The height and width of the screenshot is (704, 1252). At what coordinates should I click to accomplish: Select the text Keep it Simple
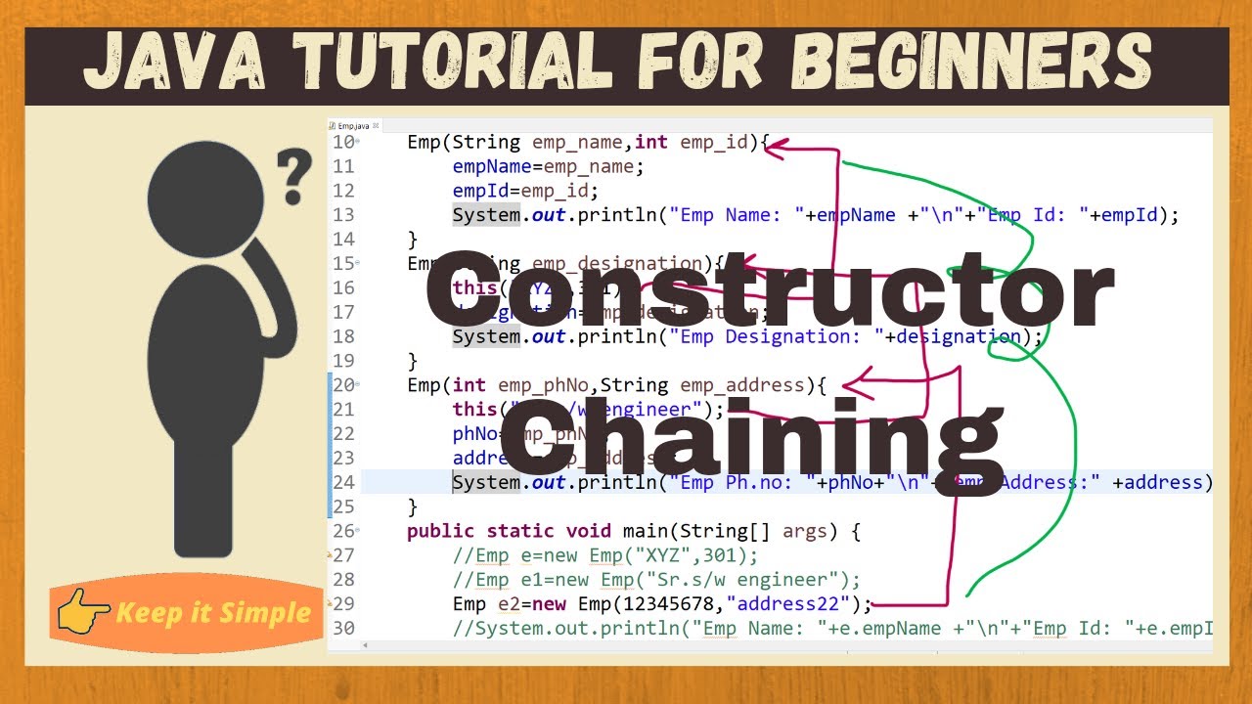[x=213, y=614]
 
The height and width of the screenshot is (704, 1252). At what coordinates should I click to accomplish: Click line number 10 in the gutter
[x=343, y=143]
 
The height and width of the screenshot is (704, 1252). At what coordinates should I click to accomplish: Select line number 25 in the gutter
[x=343, y=506]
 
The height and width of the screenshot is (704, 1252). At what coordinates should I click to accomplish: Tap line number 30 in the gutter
[x=343, y=628]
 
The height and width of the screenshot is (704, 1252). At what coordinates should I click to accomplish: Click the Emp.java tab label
[x=353, y=126]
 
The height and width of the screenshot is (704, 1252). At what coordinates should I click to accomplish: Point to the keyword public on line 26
[x=440, y=531]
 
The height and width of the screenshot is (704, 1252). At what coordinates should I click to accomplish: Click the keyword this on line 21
[x=474, y=410]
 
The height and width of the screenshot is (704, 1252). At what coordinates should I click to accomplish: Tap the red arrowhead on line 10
[x=776, y=147]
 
